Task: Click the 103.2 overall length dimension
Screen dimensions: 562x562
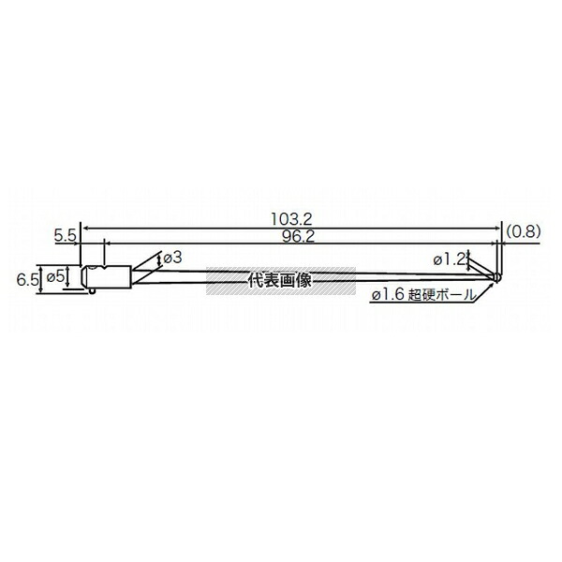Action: (x=291, y=219)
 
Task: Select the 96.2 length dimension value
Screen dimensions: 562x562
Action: (x=298, y=237)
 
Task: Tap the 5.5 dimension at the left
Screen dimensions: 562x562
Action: (x=65, y=236)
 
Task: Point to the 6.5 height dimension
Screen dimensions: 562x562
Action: (x=27, y=280)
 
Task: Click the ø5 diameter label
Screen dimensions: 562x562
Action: (x=56, y=276)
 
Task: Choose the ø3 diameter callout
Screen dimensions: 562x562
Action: (x=172, y=258)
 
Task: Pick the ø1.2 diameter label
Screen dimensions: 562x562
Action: (x=449, y=260)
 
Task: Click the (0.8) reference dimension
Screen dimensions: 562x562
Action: (x=523, y=231)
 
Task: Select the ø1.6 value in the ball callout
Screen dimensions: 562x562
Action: (x=388, y=295)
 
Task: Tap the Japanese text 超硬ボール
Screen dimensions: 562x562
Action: (x=443, y=295)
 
